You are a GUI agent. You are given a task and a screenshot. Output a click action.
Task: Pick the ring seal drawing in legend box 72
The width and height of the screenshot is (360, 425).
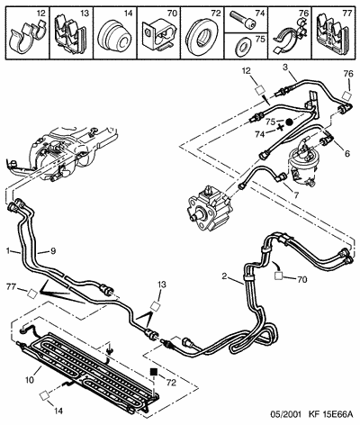(202, 37)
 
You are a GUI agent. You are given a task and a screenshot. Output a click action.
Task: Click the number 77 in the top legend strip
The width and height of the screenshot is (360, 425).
(346, 14)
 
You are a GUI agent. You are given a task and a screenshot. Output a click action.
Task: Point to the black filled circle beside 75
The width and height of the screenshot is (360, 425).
(289, 122)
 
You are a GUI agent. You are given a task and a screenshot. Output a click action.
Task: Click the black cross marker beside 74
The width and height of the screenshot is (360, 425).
(281, 127)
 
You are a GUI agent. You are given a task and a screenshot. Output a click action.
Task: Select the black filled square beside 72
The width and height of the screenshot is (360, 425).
(154, 372)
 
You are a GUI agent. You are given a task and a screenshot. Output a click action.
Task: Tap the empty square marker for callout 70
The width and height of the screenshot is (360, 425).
(279, 276)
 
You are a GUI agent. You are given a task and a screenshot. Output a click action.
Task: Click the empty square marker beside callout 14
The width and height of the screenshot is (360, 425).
(44, 395)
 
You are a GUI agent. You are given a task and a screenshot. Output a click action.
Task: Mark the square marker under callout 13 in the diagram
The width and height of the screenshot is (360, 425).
(155, 306)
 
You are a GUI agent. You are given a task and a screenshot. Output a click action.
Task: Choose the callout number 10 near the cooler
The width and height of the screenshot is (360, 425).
(30, 380)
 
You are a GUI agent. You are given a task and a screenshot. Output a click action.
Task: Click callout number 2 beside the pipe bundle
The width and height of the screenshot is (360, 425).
(224, 276)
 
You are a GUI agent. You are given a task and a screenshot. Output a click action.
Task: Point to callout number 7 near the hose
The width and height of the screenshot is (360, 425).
(296, 195)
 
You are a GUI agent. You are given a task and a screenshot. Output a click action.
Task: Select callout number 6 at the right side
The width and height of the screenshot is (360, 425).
(347, 154)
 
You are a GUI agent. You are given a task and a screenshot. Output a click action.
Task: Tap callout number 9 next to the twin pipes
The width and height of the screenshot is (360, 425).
(53, 251)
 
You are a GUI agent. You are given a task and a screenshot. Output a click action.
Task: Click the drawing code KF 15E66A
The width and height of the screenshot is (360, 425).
(331, 415)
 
